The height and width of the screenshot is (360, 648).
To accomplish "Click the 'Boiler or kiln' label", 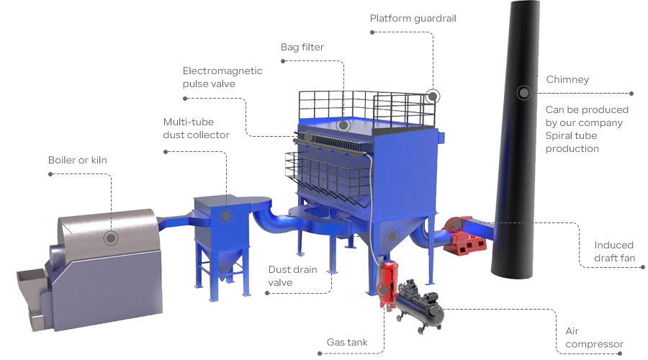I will pyautogui.click(x=77, y=160).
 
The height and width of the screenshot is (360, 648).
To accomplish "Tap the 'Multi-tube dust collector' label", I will pyautogui.click(x=196, y=128).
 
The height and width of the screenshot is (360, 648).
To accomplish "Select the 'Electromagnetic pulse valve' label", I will pyautogui.click(x=222, y=77).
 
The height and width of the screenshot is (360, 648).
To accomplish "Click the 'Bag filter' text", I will pyautogui.click(x=302, y=48).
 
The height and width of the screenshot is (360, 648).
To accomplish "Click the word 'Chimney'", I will pyautogui.click(x=567, y=79).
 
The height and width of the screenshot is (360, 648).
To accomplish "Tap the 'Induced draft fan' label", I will pyautogui.click(x=614, y=251).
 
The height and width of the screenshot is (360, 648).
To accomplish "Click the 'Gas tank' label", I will pyautogui.click(x=347, y=342).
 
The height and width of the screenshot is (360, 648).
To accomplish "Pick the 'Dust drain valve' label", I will pyautogui.click(x=291, y=276).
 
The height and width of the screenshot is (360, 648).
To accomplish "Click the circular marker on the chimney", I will pyautogui.click(x=523, y=92).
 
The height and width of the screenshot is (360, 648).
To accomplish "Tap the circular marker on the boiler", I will pyautogui.click(x=110, y=238).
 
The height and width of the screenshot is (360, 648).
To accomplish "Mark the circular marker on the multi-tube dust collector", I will pyautogui.click(x=225, y=215).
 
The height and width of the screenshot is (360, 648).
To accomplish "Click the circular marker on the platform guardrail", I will pyautogui.click(x=433, y=95).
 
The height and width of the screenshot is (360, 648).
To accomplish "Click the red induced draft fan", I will pyautogui.click(x=464, y=235).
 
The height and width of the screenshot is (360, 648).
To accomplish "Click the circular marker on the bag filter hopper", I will pyautogui.click(x=392, y=235).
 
